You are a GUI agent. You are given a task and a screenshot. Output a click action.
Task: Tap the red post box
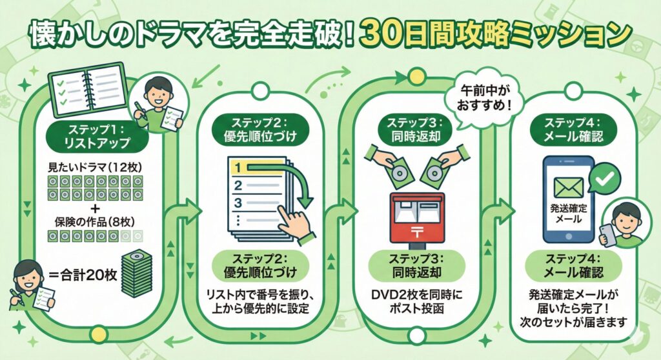click(x=416, y=216)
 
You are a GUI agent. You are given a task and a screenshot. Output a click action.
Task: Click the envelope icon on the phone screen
click(x=568, y=186)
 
